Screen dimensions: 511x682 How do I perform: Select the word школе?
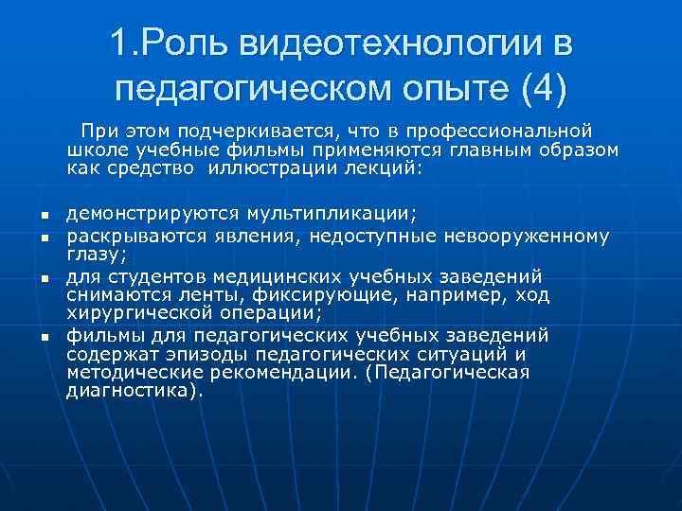[x=95, y=150]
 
